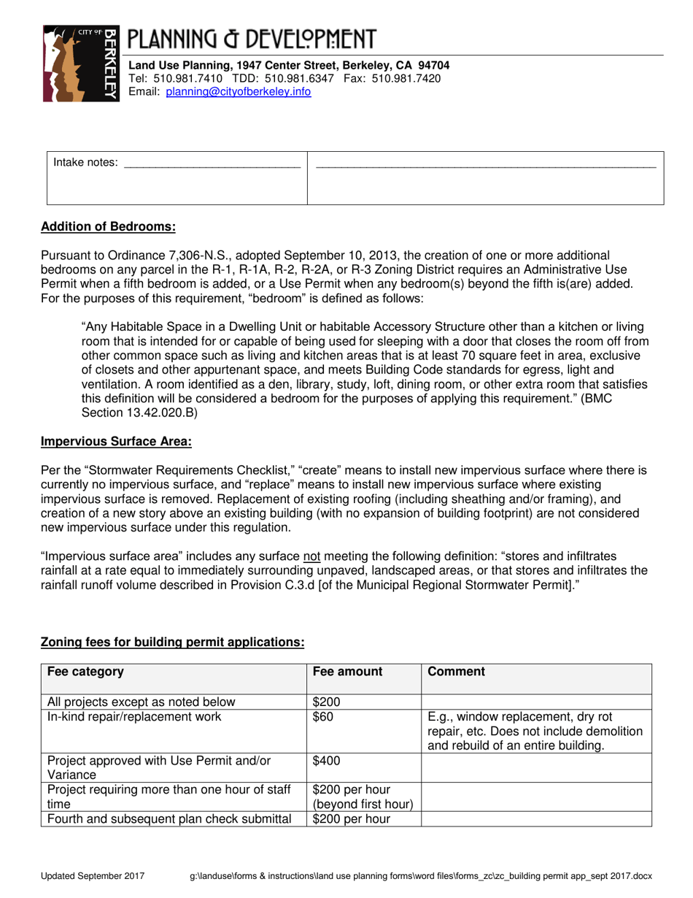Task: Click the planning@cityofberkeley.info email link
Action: pyautogui.click(x=239, y=92)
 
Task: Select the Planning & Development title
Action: pyautogui.click(x=252, y=40)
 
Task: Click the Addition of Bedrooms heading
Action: pyautogui.click(x=109, y=226)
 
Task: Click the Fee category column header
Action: pyautogui.click(x=85, y=672)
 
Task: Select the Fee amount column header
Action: pyautogui.click(x=347, y=672)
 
